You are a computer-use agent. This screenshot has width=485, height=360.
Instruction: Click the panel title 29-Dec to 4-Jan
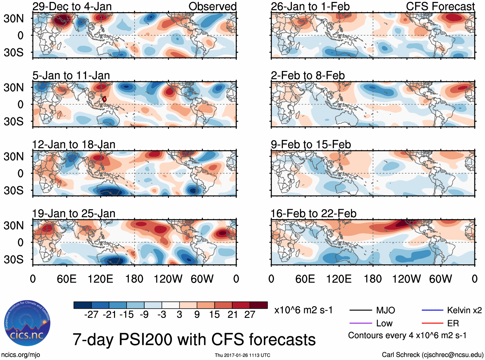click(x=72, y=6)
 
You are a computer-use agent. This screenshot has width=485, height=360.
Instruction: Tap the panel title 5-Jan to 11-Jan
click(x=71, y=75)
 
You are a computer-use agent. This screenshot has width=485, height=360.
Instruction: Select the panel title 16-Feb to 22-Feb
click(x=313, y=214)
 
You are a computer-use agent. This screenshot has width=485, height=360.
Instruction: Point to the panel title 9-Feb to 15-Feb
click(x=311, y=145)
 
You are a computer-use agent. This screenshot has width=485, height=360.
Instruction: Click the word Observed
click(x=212, y=6)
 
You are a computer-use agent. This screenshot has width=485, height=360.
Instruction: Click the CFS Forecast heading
click(x=440, y=6)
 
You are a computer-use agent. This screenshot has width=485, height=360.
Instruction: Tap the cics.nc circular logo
click(x=27, y=324)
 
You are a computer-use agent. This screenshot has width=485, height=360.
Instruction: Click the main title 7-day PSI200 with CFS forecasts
click(x=194, y=339)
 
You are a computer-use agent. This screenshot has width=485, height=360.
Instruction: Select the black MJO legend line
click(x=360, y=310)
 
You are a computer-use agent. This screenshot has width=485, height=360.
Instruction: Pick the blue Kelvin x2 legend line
click(x=432, y=310)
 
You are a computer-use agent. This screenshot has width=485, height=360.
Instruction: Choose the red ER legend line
click(x=432, y=323)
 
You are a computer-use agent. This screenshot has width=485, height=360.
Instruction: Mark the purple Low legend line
click(x=360, y=323)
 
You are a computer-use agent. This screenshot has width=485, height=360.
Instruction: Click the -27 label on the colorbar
click(x=91, y=315)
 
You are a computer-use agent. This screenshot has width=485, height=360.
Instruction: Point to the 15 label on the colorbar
click(x=214, y=315)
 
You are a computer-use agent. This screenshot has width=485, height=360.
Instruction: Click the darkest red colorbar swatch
click(x=259, y=305)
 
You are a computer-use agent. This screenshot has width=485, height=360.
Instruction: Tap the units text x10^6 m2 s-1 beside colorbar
click(x=303, y=310)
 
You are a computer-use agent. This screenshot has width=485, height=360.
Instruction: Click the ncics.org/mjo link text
click(x=21, y=355)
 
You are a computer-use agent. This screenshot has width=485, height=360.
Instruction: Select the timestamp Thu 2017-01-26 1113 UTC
click(x=242, y=355)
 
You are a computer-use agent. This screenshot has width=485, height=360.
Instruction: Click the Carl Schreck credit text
click(x=432, y=355)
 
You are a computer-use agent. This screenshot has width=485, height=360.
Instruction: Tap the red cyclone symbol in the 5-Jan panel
click(x=104, y=99)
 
